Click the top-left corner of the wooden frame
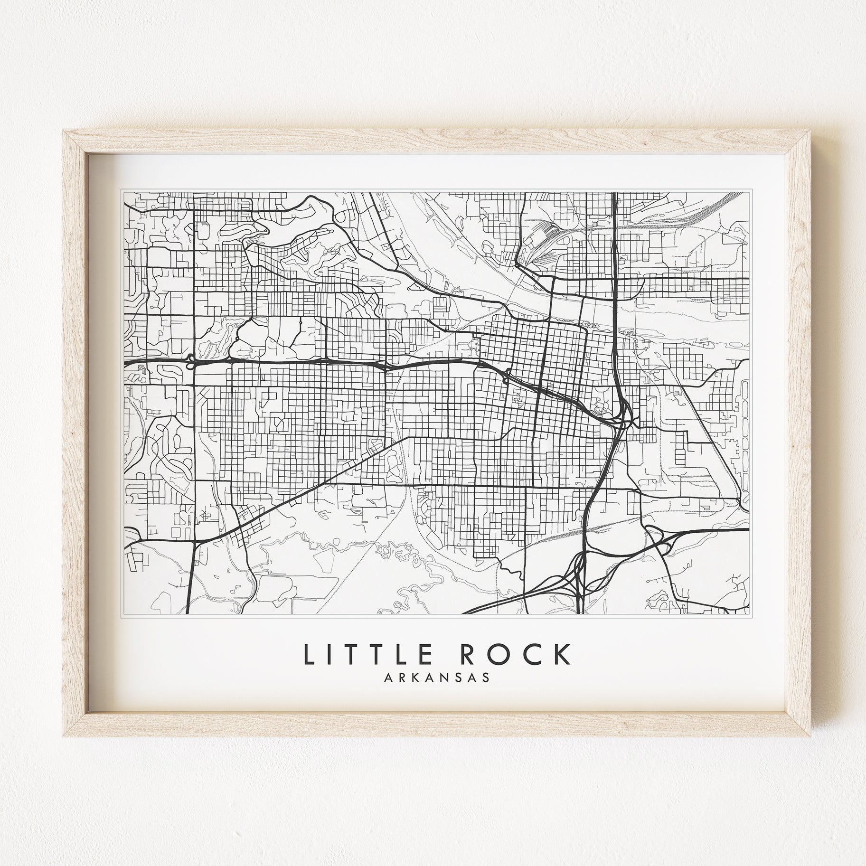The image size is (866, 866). coord(65,131)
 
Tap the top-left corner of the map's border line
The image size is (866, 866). coord(123,192)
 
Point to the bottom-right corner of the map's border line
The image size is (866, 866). coord(749,614)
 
